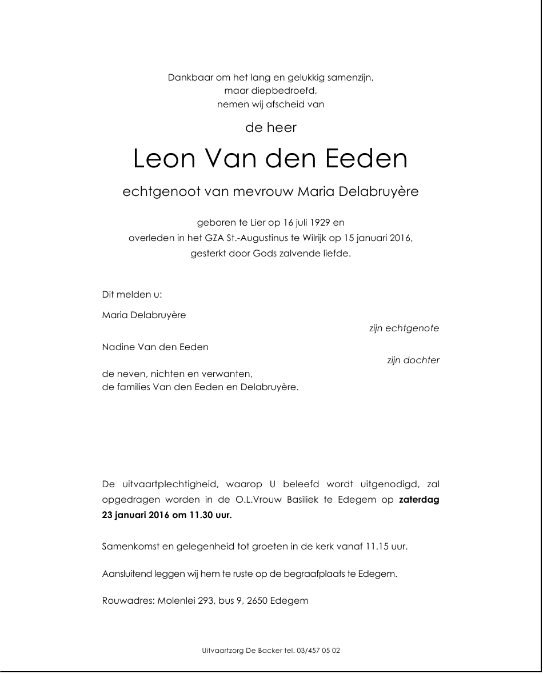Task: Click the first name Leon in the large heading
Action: click(x=163, y=159)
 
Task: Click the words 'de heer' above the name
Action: click(x=271, y=128)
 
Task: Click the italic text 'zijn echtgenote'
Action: click(x=404, y=328)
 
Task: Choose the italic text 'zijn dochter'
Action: click(x=413, y=360)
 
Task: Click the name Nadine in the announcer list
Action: click(x=118, y=347)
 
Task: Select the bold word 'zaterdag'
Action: click(x=419, y=500)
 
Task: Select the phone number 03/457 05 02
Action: click(x=318, y=651)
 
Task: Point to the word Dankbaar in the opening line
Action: click(x=190, y=78)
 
